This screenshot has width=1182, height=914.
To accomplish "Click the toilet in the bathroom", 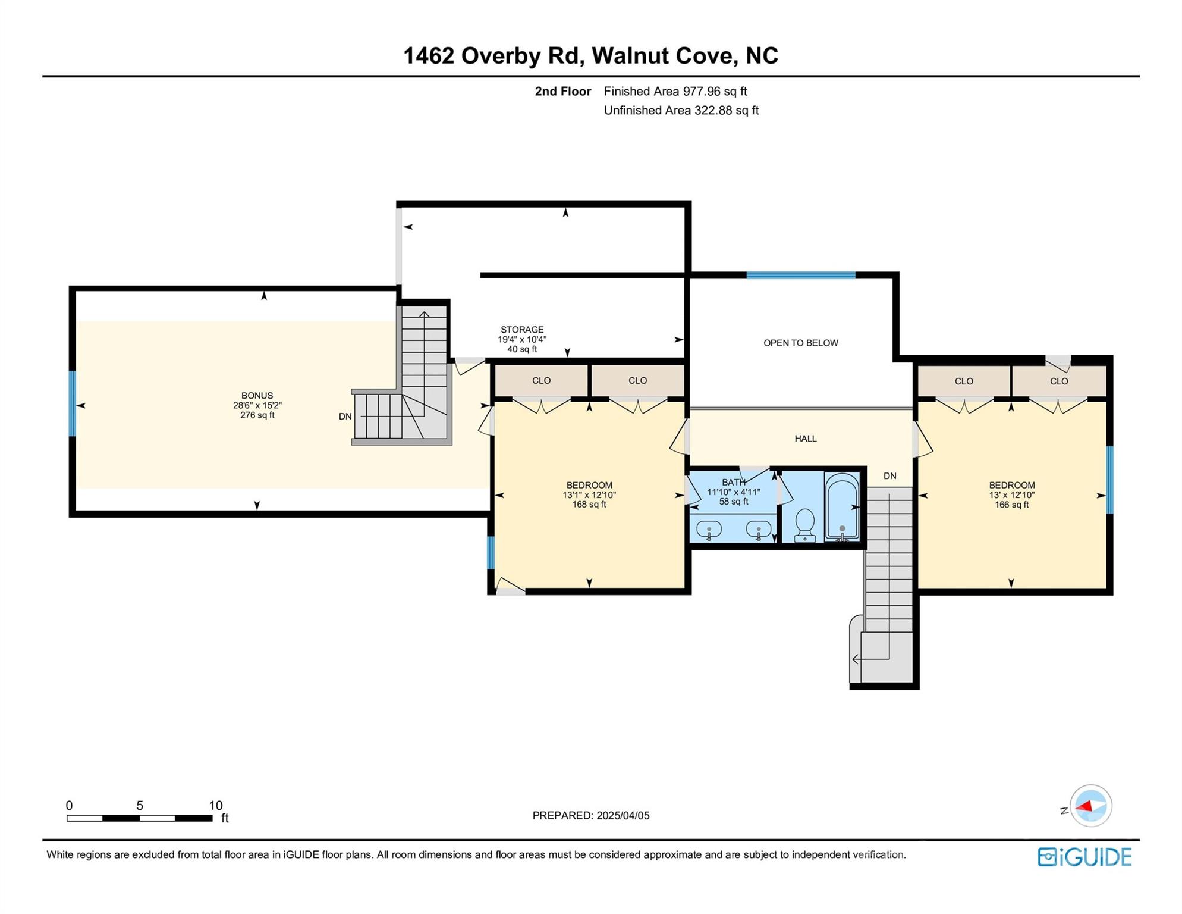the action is click(805, 525).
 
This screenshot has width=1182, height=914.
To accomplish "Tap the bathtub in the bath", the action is click(842, 507).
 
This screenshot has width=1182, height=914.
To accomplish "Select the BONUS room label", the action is click(257, 395).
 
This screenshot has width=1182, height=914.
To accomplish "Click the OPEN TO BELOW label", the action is click(801, 343).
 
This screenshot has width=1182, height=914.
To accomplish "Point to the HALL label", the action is click(806, 439).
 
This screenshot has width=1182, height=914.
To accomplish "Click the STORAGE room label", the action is click(522, 330).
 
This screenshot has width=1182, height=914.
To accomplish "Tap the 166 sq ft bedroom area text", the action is click(1012, 505).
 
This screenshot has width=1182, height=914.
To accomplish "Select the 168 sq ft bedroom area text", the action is click(589, 505).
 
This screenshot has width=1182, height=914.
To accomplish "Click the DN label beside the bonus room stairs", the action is click(345, 417).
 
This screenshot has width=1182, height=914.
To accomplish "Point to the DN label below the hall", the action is click(890, 476).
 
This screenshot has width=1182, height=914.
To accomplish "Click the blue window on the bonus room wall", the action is click(73, 403).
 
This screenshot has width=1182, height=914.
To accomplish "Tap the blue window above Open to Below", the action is click(801, 275).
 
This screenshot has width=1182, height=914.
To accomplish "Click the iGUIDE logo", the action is click(1085, 857).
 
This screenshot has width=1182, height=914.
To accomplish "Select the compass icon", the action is click(1091, 806).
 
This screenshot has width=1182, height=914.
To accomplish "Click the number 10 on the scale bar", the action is click(216, 805).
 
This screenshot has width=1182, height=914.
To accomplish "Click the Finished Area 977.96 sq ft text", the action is click(675, 91).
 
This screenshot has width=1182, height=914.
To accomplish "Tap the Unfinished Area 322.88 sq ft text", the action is click(681, 110).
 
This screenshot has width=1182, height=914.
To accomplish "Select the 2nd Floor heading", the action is click(563, 91).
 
